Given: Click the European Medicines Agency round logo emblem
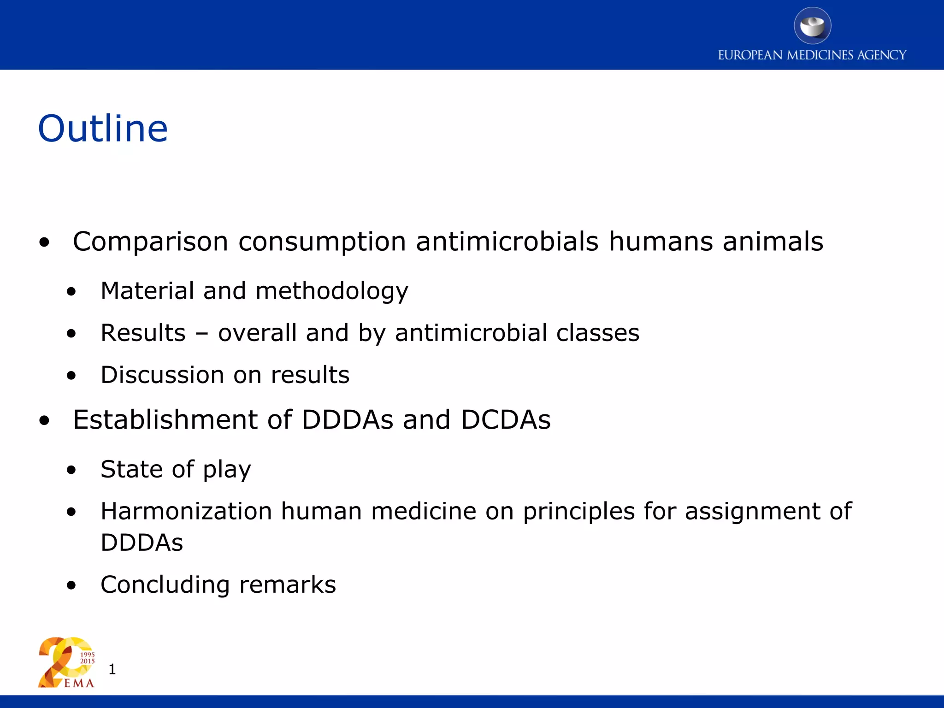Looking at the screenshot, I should click(812, 26).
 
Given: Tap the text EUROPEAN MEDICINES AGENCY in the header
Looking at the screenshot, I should click(812, 55).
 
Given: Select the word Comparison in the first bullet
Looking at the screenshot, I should click(150, 242).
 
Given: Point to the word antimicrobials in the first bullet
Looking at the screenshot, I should click(507, 242).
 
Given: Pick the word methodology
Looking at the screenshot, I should click(332, 291).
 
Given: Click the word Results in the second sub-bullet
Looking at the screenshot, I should click(143, 333).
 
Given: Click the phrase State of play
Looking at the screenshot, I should click(176, 469).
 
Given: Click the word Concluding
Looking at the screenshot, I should click(165, 584).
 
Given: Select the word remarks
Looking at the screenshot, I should click(288, 584).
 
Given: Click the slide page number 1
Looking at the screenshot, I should click(112, 669).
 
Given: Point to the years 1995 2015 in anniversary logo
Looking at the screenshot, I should click(88, 658).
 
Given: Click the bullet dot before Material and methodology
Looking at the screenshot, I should click(71, 291).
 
